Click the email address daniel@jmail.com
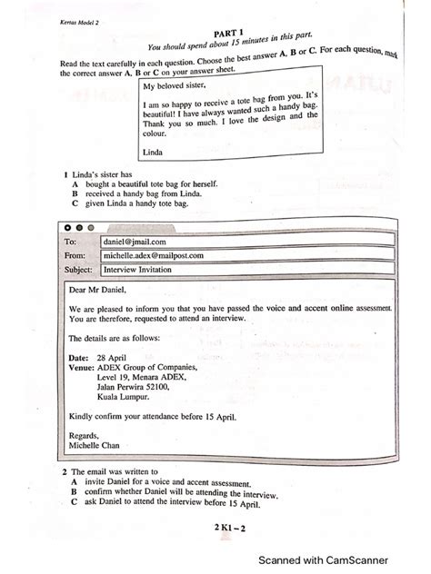[x=134, y=242]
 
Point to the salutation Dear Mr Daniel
[x=99, y=291]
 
